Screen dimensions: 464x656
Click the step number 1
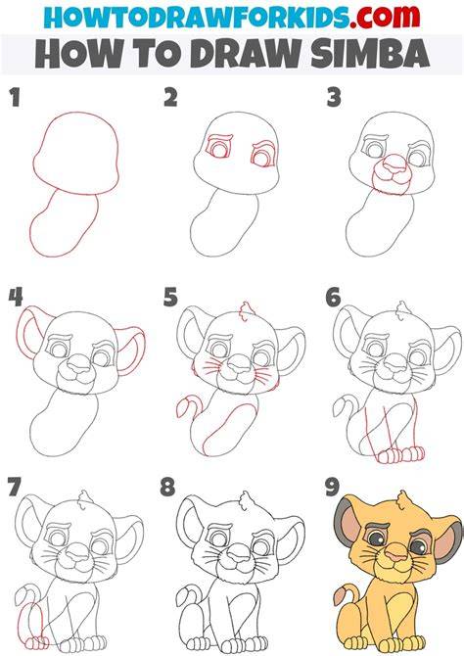click(16, 98)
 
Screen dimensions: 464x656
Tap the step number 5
click(170, 297)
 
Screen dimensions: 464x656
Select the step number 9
click(332, 487)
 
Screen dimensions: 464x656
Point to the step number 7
click(14, 487)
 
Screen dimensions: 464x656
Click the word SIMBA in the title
click(370, 54)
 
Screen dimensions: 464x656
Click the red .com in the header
click(385, 17)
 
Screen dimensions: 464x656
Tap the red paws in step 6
click(400, 454)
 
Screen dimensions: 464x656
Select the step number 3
click(334, 98)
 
